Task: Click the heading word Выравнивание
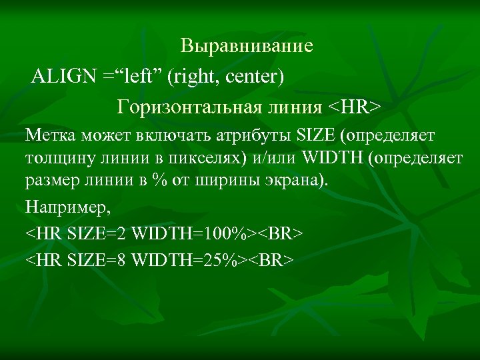[x=247, y=47]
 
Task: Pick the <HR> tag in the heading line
[x=354, y=107]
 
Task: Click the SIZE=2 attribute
[x=98, y=234]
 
